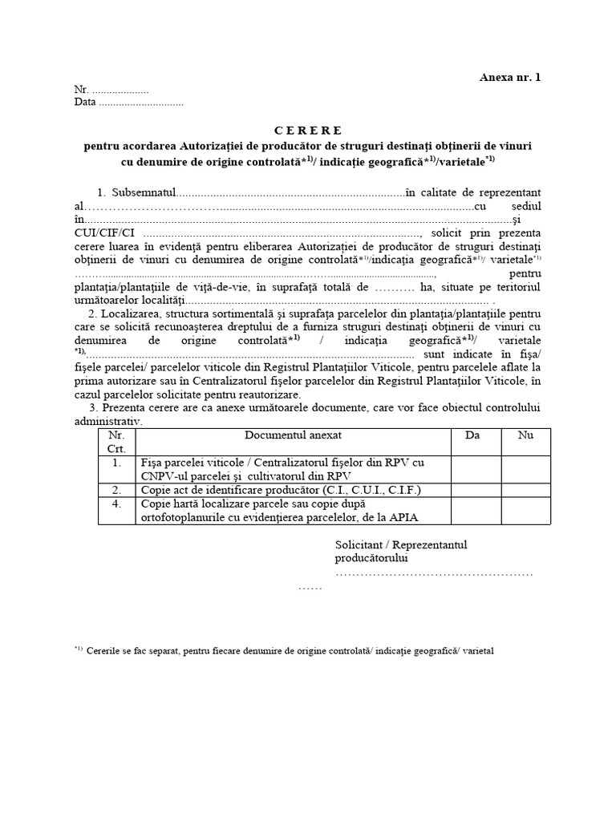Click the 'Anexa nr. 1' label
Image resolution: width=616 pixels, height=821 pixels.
[510, 78]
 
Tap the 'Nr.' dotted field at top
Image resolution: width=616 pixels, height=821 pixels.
[120, 90]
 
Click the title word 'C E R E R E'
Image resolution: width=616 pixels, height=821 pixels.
[307, 130]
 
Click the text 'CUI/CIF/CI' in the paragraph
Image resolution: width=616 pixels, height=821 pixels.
[100, 233]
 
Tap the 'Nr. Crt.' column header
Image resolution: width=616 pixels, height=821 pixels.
[117, 442]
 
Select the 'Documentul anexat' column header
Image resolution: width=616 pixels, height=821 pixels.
[294, 435]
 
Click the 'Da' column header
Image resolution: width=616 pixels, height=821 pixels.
[472, 435]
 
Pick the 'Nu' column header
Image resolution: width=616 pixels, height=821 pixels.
[525, 435]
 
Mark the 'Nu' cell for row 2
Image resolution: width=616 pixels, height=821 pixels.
[526, 489]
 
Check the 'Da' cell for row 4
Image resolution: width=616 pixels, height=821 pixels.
[476, 511]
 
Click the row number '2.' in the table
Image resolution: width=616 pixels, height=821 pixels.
[117, 489]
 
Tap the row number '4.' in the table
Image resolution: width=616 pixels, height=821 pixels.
[117, 504]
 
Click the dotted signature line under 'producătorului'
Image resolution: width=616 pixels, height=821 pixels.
[433, 574]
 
